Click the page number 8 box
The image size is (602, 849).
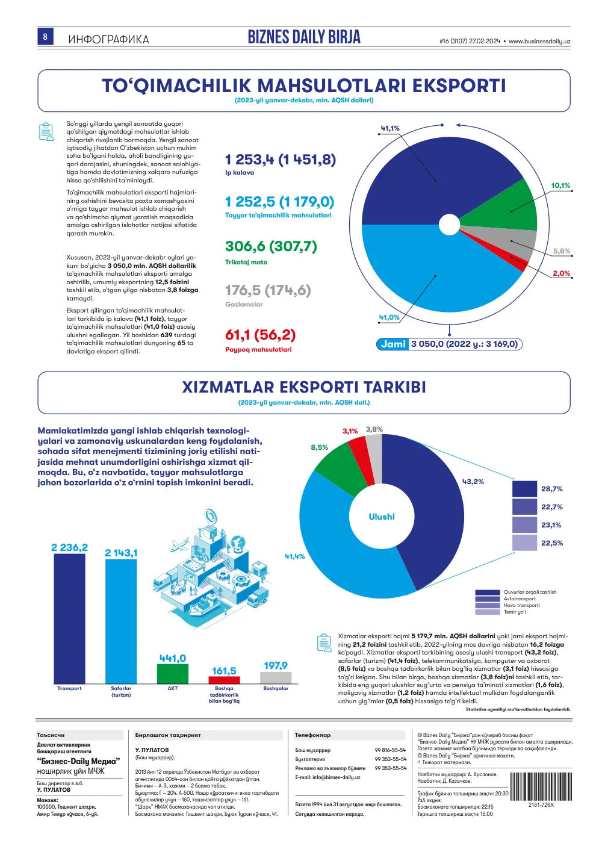[45, 36]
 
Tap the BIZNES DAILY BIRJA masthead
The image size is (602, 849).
[304, 37]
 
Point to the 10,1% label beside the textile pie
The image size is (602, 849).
[560, 185]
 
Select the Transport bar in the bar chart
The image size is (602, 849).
[69, 619]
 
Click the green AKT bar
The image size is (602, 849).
[173, 674]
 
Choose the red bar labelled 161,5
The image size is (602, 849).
[225, 680]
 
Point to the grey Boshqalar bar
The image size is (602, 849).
[276, 677]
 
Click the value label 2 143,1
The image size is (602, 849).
[121, 553]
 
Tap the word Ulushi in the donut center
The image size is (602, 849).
[382, 517]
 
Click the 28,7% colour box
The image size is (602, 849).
[525, 488]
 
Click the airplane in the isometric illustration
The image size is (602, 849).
[179, 545]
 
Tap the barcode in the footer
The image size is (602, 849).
[541, 786]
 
